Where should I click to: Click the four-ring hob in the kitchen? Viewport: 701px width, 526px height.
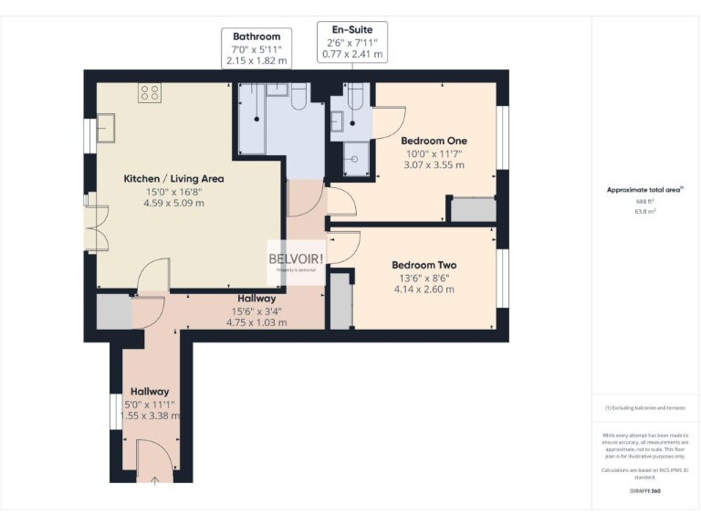(x=150, y=92)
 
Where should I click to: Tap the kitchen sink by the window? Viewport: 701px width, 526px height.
(x=106, y=129)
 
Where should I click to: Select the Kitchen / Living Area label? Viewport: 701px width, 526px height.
(x=173, y=179)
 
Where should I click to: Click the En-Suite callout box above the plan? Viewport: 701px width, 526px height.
(x=351, y=43)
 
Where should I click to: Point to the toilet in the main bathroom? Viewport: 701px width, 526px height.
(x=297, y=99)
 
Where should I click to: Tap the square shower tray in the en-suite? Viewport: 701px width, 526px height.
(x=354, y=159)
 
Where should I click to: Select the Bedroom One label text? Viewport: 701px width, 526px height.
(x=434, y=141)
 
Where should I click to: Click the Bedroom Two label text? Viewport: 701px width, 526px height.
(x=424, y=265)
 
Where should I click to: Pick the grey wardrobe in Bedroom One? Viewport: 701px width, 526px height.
(x=473, y=209)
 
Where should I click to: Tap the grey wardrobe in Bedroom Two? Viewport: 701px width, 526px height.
(x=340, y=300)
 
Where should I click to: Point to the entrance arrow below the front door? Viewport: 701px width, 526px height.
(x=153, y=479)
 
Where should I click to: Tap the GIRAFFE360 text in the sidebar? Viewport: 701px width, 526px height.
(x=645, y=491)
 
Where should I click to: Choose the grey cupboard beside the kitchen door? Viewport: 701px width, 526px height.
(x=114, y=311)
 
